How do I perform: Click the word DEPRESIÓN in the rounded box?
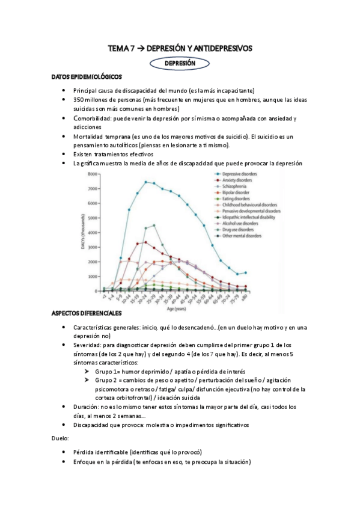pos(180,63)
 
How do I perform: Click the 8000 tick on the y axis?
pos(92,174)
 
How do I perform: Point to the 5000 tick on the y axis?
pos(92,218)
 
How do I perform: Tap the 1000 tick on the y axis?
pos(92,276)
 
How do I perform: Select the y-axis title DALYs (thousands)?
pos(82,232)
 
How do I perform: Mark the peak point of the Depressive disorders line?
pos(145,182)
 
